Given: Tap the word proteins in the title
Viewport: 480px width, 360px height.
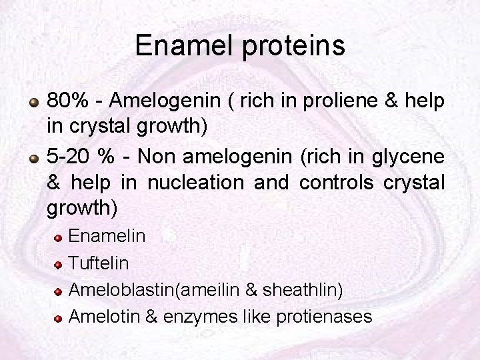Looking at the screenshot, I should pos(293,46).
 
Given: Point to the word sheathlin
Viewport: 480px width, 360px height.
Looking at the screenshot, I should pos(303,289).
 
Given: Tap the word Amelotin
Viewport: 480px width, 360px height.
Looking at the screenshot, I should pos(101,316).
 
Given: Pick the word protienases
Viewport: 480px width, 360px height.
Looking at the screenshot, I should pos(330,316).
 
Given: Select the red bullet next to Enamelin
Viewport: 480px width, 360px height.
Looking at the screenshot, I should pos(59,238).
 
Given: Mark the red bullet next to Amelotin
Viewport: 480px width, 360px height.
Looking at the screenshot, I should pos(59,317).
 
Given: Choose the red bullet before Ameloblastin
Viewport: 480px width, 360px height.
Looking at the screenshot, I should pos(59,291).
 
